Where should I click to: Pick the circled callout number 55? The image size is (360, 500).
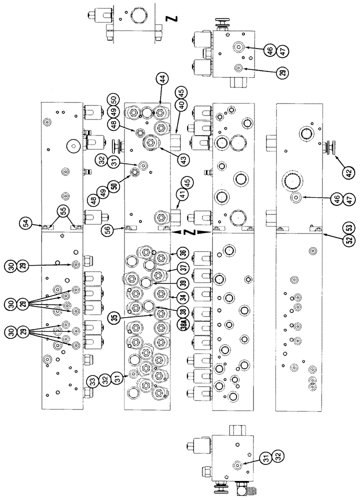63,211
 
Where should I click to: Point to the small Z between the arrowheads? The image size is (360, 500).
186,232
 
